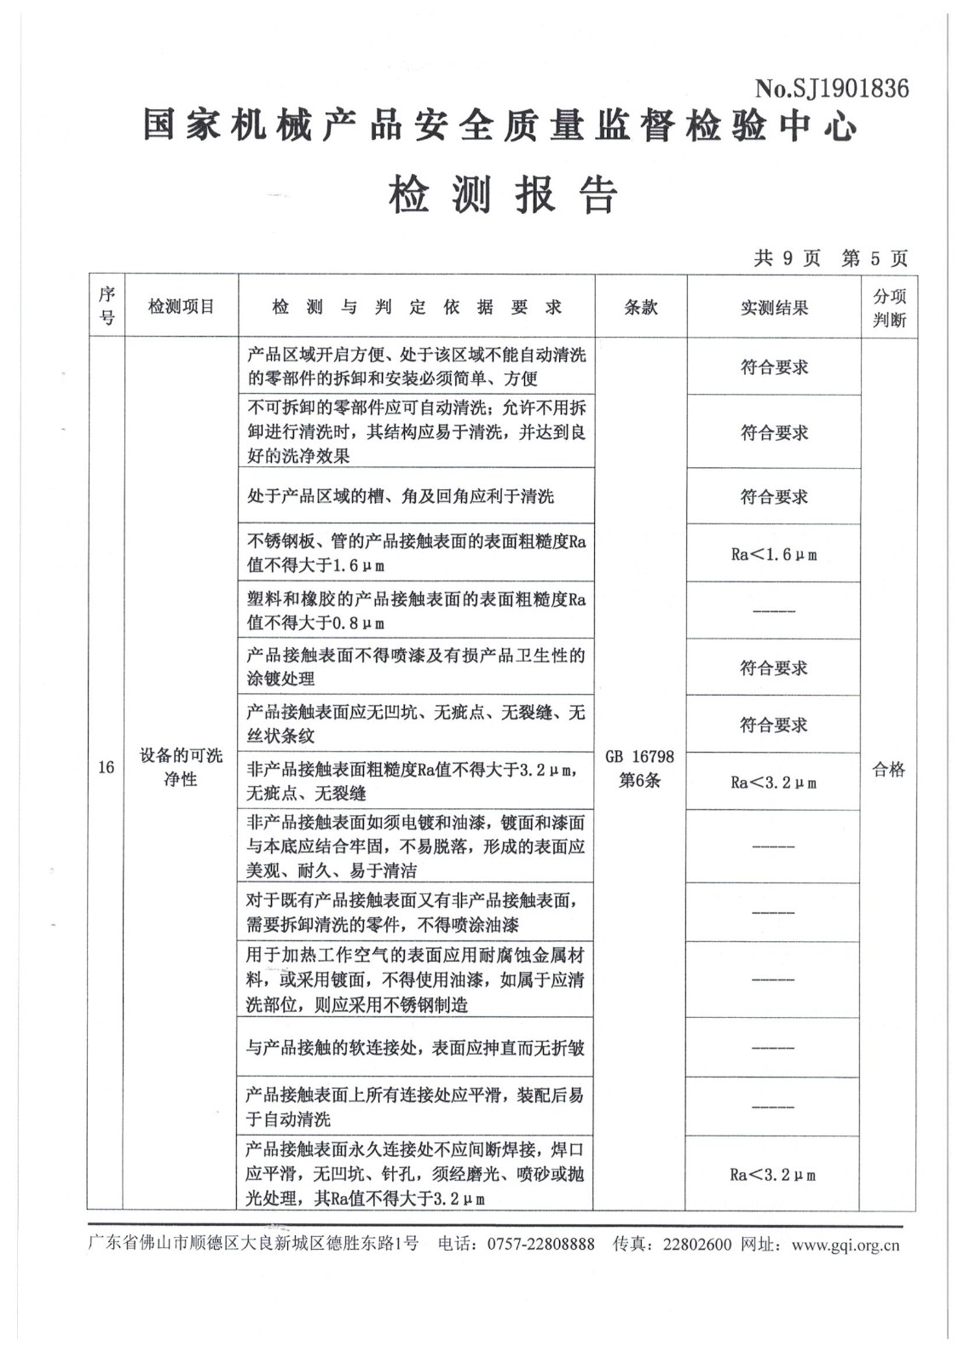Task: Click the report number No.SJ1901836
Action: (831, 89)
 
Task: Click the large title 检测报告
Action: (503, 195)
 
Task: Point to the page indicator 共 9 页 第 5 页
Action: (830, 258)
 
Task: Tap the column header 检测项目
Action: (181, 307)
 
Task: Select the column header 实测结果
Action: (774, 308)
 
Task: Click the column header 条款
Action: (640, 308)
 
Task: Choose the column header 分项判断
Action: (889, 308)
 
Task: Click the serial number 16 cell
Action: (106, 767)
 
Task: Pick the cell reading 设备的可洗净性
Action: (181, 767)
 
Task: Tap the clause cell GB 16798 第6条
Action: (639, 768)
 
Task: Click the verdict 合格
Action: (888, 769)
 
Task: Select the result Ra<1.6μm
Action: (774, 554)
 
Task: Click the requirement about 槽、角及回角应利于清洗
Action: (401, 496)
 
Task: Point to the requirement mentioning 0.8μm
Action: (416, 611)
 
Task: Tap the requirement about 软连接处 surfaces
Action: (415, 1047)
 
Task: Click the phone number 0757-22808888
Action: (540, 1245)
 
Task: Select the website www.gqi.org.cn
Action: (845, 1245)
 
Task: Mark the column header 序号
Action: (107, 307)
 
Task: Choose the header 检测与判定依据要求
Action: (416, 308)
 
